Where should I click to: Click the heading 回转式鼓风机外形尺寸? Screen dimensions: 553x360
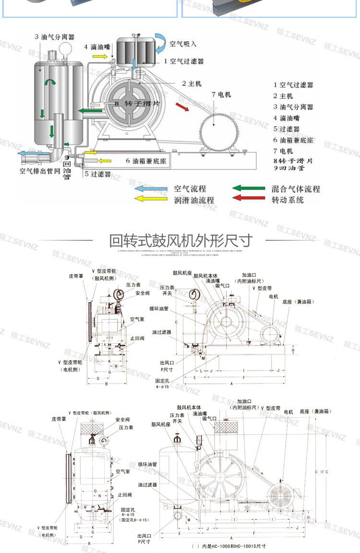(180, 240)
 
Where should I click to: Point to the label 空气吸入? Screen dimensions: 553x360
(183, 44)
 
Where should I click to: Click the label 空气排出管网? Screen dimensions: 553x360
(39, 170)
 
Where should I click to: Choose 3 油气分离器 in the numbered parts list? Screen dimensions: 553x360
(293, 107)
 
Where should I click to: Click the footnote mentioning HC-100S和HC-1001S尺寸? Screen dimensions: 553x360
(228, 546)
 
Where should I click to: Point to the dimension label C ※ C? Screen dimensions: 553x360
(322, 472)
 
